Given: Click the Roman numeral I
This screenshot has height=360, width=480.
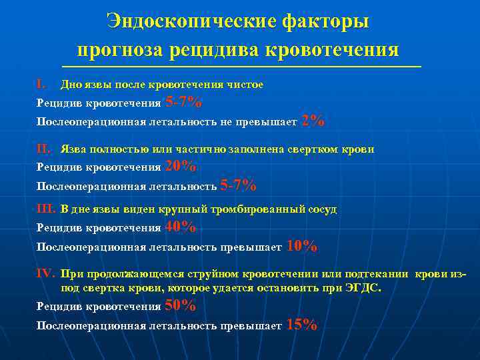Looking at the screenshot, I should click(x=41, y=85).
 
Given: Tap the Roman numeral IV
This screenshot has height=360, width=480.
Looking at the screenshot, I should click(x=46, y=273).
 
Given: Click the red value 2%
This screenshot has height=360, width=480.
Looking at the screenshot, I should click(x=313, y=121).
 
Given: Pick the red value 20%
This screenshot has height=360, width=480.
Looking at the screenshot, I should click(x=180, y=167).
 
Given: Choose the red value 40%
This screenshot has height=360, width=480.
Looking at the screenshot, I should click(x=180, y=227).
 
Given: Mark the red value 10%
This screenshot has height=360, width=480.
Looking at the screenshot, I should click(x=301, y=247).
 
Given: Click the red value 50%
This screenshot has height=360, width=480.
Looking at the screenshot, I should click(x=180, y=306).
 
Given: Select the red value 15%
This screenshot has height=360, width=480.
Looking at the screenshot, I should click(x=301, y=325).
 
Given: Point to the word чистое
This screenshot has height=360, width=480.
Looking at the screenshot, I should click(x=245, y=85).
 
